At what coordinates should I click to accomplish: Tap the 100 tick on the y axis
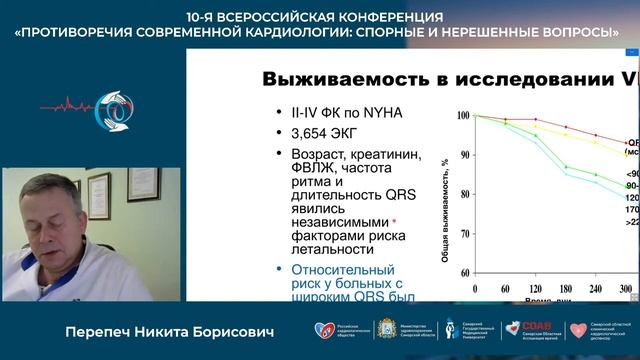[461, 116]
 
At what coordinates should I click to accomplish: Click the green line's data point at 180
[567, 166]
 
